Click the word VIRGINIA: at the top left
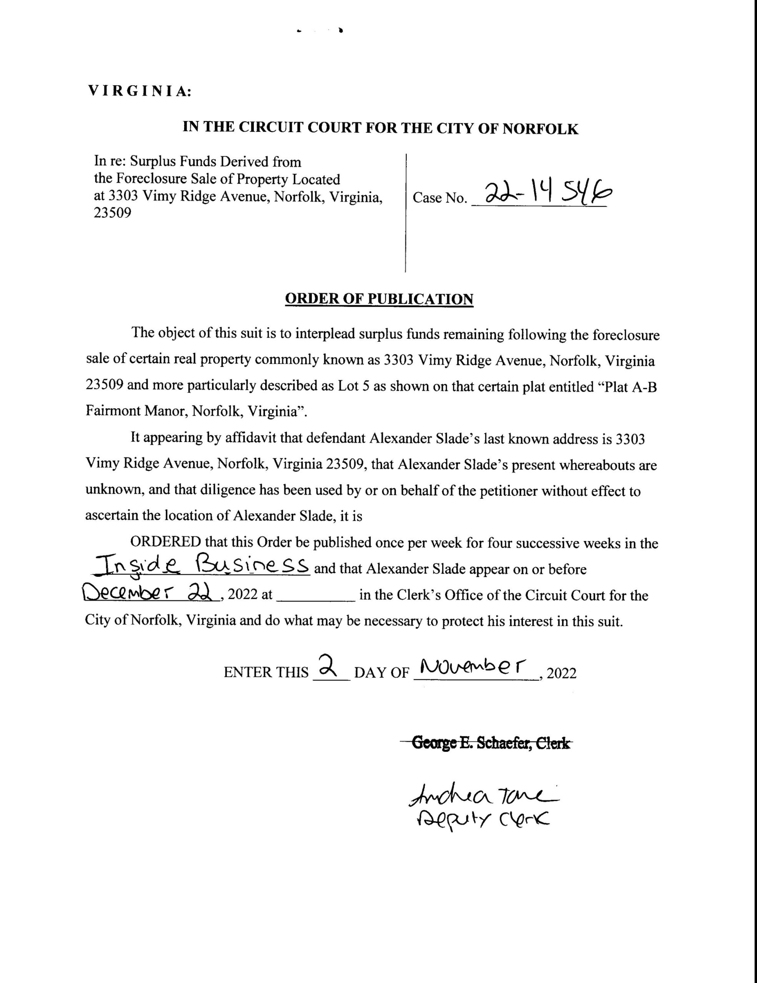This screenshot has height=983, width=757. click(x=140, y=91)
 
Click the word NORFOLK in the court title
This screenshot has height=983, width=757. click(x=540, y=129)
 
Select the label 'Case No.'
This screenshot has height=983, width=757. click(x=439, y=198)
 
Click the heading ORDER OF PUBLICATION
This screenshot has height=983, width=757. click(x=379, y=299)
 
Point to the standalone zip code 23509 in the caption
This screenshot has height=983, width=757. click(x=112, y=213)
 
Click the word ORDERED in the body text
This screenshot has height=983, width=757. click(x=165, y=542)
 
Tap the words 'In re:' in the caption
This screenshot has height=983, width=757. click(x=110, y=162)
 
